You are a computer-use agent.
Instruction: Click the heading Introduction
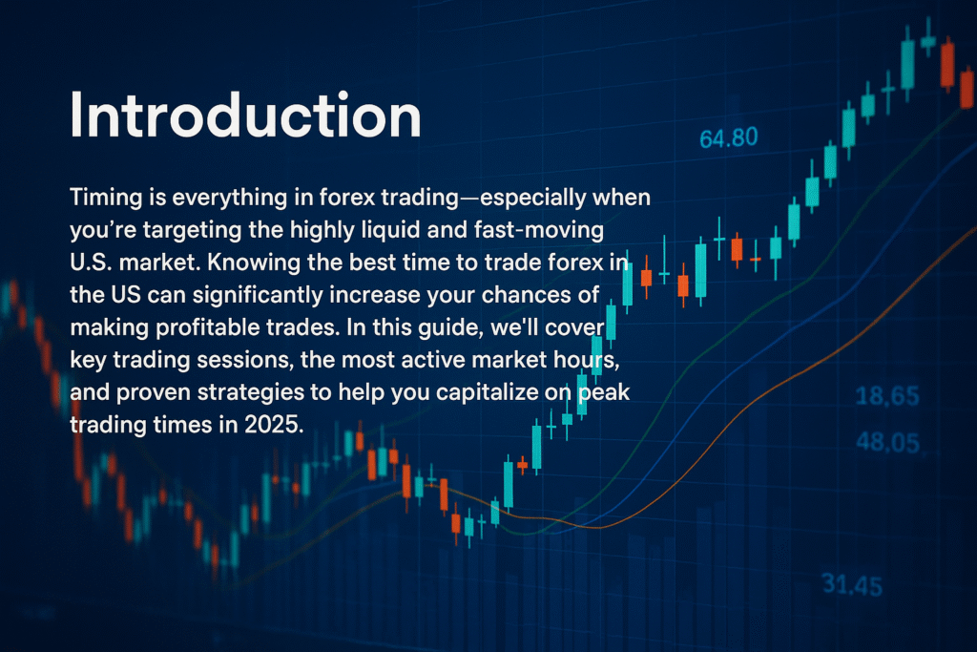tap(245, 115)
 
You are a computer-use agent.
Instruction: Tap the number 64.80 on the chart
tap(728, 137)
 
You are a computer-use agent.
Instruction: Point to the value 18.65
tap(887, 396)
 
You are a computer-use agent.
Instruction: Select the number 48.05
tap(888, 443)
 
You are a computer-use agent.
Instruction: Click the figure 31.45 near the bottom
tap(852, 585)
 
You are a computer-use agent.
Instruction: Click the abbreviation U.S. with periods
tap(91, 263)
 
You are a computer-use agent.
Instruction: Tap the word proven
tap(153, 393)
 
